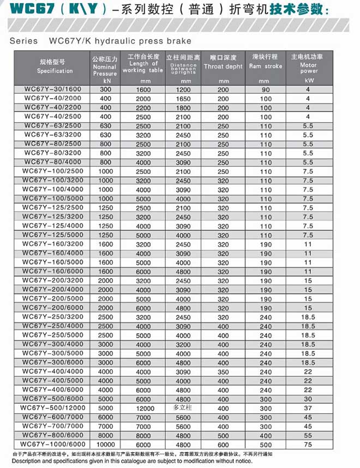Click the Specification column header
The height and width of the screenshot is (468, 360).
pyautogui.click(x=55, y=66)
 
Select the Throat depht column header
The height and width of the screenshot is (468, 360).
pyautogui.click(x=223, y=66)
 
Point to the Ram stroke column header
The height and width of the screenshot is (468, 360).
pyautogui.click(x=265, y=66)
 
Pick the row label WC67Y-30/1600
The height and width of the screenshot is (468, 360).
pyautogui.click(x=52, y=89)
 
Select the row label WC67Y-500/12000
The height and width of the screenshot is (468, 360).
pyautogui.click(x=52, y=407)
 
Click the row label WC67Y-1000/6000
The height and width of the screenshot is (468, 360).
pyautogui.click(x=52, y=443)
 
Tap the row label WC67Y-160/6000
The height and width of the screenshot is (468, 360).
pyautogui.click(x=52, y=271)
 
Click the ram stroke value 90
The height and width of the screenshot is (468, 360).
pyautogui.click(x=266, y=89)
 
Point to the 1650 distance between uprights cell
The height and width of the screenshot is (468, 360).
pyautogui.click(x=183, y=99)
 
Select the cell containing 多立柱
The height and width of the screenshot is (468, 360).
pyautogui.click(x=183, y=407)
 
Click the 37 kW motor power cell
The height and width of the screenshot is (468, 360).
pyautogui.click(x=308, y=407)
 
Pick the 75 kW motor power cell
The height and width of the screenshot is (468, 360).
pyautogui.click(x=308, y=444)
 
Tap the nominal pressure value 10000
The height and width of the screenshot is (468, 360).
pyautogui.click(x=105, y=444)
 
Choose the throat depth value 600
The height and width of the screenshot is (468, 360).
pyautogui.click(x=223, y=444)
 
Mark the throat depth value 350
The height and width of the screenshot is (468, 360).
pyautogui.click(x=223, y=371)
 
